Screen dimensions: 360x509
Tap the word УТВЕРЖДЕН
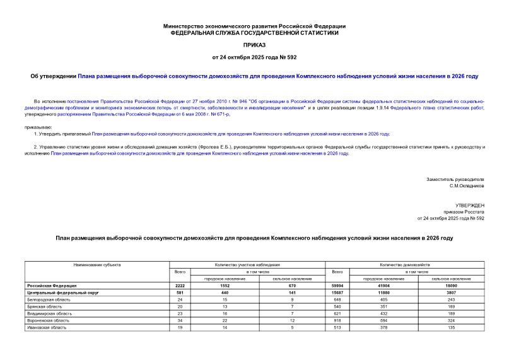(470, 206)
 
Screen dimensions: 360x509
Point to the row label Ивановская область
(45, 327)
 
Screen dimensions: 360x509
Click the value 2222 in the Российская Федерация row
(180, 286)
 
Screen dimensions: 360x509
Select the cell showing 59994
(337, 286)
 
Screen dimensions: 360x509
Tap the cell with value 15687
(337, 293)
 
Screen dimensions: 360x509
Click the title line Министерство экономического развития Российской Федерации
(254, 26)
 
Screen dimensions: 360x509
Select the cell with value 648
(337, 300)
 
